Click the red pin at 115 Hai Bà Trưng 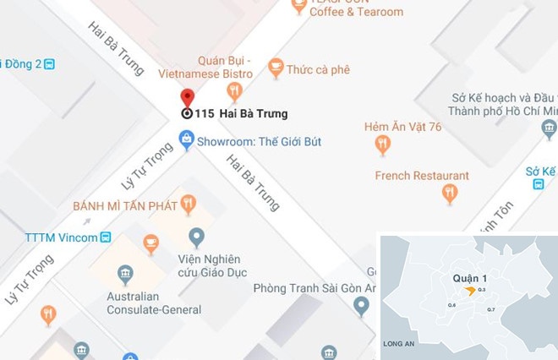187,97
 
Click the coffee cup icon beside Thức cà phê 275,68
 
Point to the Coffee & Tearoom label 356,12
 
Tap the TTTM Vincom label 61,237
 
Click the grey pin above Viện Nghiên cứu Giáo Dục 197,237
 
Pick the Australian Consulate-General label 154,303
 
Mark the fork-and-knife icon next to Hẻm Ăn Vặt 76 383,145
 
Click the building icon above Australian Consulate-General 125,274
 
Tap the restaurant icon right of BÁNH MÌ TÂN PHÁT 188,204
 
